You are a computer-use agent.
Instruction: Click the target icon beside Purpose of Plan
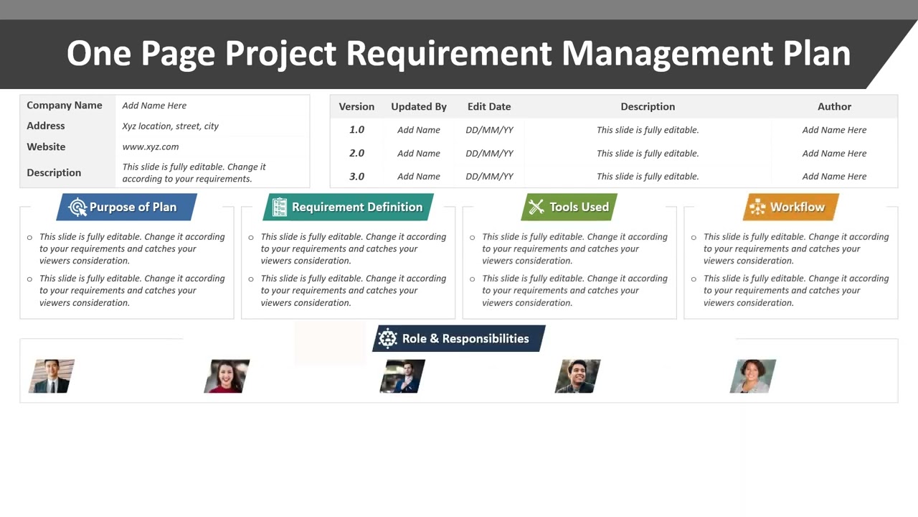77,208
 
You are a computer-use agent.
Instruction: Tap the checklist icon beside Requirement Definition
280,208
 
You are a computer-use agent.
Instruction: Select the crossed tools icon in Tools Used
536,208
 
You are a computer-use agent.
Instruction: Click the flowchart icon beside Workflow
757,208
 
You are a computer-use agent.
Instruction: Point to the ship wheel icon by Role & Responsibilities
388,339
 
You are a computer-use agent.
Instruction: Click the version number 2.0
356,153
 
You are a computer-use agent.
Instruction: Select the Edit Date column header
489,106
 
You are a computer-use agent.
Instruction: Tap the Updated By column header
419,106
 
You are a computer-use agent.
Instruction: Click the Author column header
834,106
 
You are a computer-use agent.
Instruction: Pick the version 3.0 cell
356,176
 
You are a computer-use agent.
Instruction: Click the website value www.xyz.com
151,146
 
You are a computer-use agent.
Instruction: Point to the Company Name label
65,105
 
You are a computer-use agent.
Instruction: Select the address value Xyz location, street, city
170,126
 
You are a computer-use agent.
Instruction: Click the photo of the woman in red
227,376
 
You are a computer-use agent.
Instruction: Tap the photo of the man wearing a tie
52,376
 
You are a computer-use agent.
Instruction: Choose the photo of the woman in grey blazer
753,376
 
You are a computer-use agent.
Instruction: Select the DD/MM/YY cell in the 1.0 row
489,130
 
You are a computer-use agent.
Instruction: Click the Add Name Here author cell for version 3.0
834,176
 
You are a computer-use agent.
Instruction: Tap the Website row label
46,146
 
